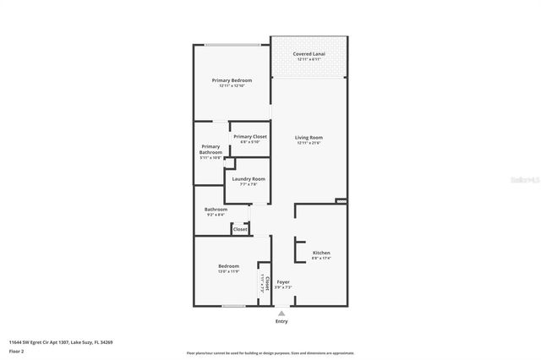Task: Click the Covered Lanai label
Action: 309,54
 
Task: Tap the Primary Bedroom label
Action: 232,80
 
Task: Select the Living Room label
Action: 309,138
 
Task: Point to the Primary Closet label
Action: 250,137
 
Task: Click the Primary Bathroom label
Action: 210,150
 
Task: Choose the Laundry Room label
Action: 249,179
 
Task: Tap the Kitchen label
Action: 321,253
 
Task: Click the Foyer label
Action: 283,281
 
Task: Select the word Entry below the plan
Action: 281,322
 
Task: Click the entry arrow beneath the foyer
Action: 281,312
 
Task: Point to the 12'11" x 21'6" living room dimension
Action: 309,144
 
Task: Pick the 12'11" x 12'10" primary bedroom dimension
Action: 232,86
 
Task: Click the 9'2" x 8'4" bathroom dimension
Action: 216,215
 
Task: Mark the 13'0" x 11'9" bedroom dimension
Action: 228,271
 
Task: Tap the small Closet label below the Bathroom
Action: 240,229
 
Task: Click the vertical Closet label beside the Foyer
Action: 268,281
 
